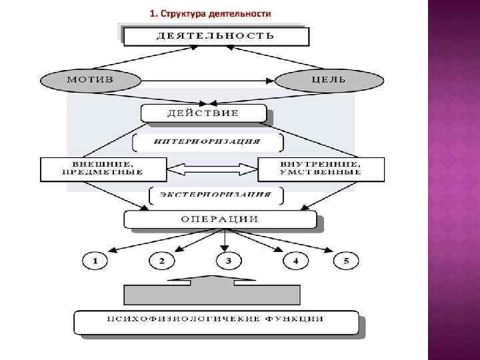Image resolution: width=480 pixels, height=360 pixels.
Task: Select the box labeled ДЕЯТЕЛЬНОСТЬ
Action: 215,36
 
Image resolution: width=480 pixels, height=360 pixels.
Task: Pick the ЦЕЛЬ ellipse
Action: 329,80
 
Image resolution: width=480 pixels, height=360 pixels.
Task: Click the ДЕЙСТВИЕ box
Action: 203,113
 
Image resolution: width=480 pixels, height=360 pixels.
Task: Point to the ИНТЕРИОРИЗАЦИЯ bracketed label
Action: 207,142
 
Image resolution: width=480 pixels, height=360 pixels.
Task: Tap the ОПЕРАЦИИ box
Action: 220,219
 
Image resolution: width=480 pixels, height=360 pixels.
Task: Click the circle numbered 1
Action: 95,261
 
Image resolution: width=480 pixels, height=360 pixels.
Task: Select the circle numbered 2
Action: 162,261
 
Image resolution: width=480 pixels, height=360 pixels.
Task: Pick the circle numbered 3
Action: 228,261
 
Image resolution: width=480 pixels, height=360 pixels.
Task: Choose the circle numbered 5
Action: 346,261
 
